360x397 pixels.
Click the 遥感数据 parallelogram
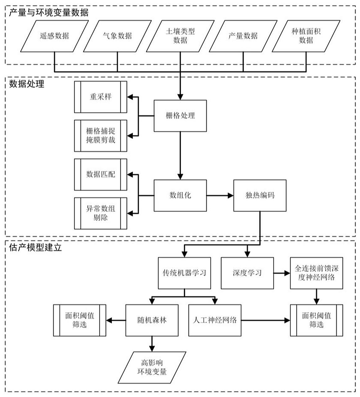click(54, 36)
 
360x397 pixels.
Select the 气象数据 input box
click(117, 36)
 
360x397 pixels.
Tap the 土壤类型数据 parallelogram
click(180, 36)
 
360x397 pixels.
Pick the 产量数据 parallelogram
click(243, 36)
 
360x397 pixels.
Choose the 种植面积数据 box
click(306, 36)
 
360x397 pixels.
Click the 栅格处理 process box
click(180, 116)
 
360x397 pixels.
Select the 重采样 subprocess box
click(100, 97)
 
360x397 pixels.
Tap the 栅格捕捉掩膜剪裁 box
click(100, 136)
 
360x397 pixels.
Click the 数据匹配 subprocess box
click(100, 174)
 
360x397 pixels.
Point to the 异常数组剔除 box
click(100, 213)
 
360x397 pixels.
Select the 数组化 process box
click(180, 195)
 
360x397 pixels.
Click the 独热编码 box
click(260, 195)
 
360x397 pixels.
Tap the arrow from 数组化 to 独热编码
click(220, 195)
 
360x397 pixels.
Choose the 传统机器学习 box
click(184, 273)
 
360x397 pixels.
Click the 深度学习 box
click(247, 273)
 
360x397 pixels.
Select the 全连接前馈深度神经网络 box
click(316, 273)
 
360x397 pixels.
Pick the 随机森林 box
click(152, 320)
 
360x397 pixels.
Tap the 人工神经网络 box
click(215, 320)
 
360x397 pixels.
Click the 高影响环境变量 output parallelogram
click(152, 367)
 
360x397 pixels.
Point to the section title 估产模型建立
click(35, 248)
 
